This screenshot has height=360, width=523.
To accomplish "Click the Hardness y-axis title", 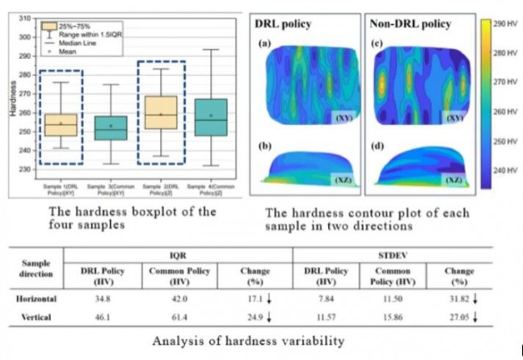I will point(12,97).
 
